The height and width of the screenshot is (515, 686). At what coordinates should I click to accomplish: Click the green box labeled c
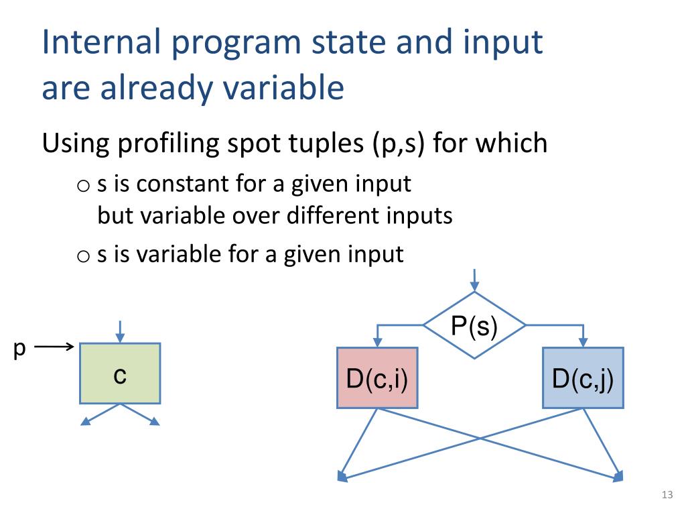click(120, 374)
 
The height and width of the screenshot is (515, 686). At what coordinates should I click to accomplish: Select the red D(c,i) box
click(377, 378)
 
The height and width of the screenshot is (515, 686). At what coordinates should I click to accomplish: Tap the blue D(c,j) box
click(583, 378)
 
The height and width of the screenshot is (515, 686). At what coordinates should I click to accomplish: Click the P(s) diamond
click(474, 325)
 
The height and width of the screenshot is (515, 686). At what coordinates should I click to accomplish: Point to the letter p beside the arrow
click(19, 349)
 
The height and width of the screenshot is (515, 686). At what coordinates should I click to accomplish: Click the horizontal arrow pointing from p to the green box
click(54, 347)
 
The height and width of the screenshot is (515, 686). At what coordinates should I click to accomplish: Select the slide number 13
click(666, 496)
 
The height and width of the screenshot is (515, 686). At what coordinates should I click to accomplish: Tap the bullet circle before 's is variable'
click(83, 255)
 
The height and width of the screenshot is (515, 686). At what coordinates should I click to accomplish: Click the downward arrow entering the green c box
click(120, 331)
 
